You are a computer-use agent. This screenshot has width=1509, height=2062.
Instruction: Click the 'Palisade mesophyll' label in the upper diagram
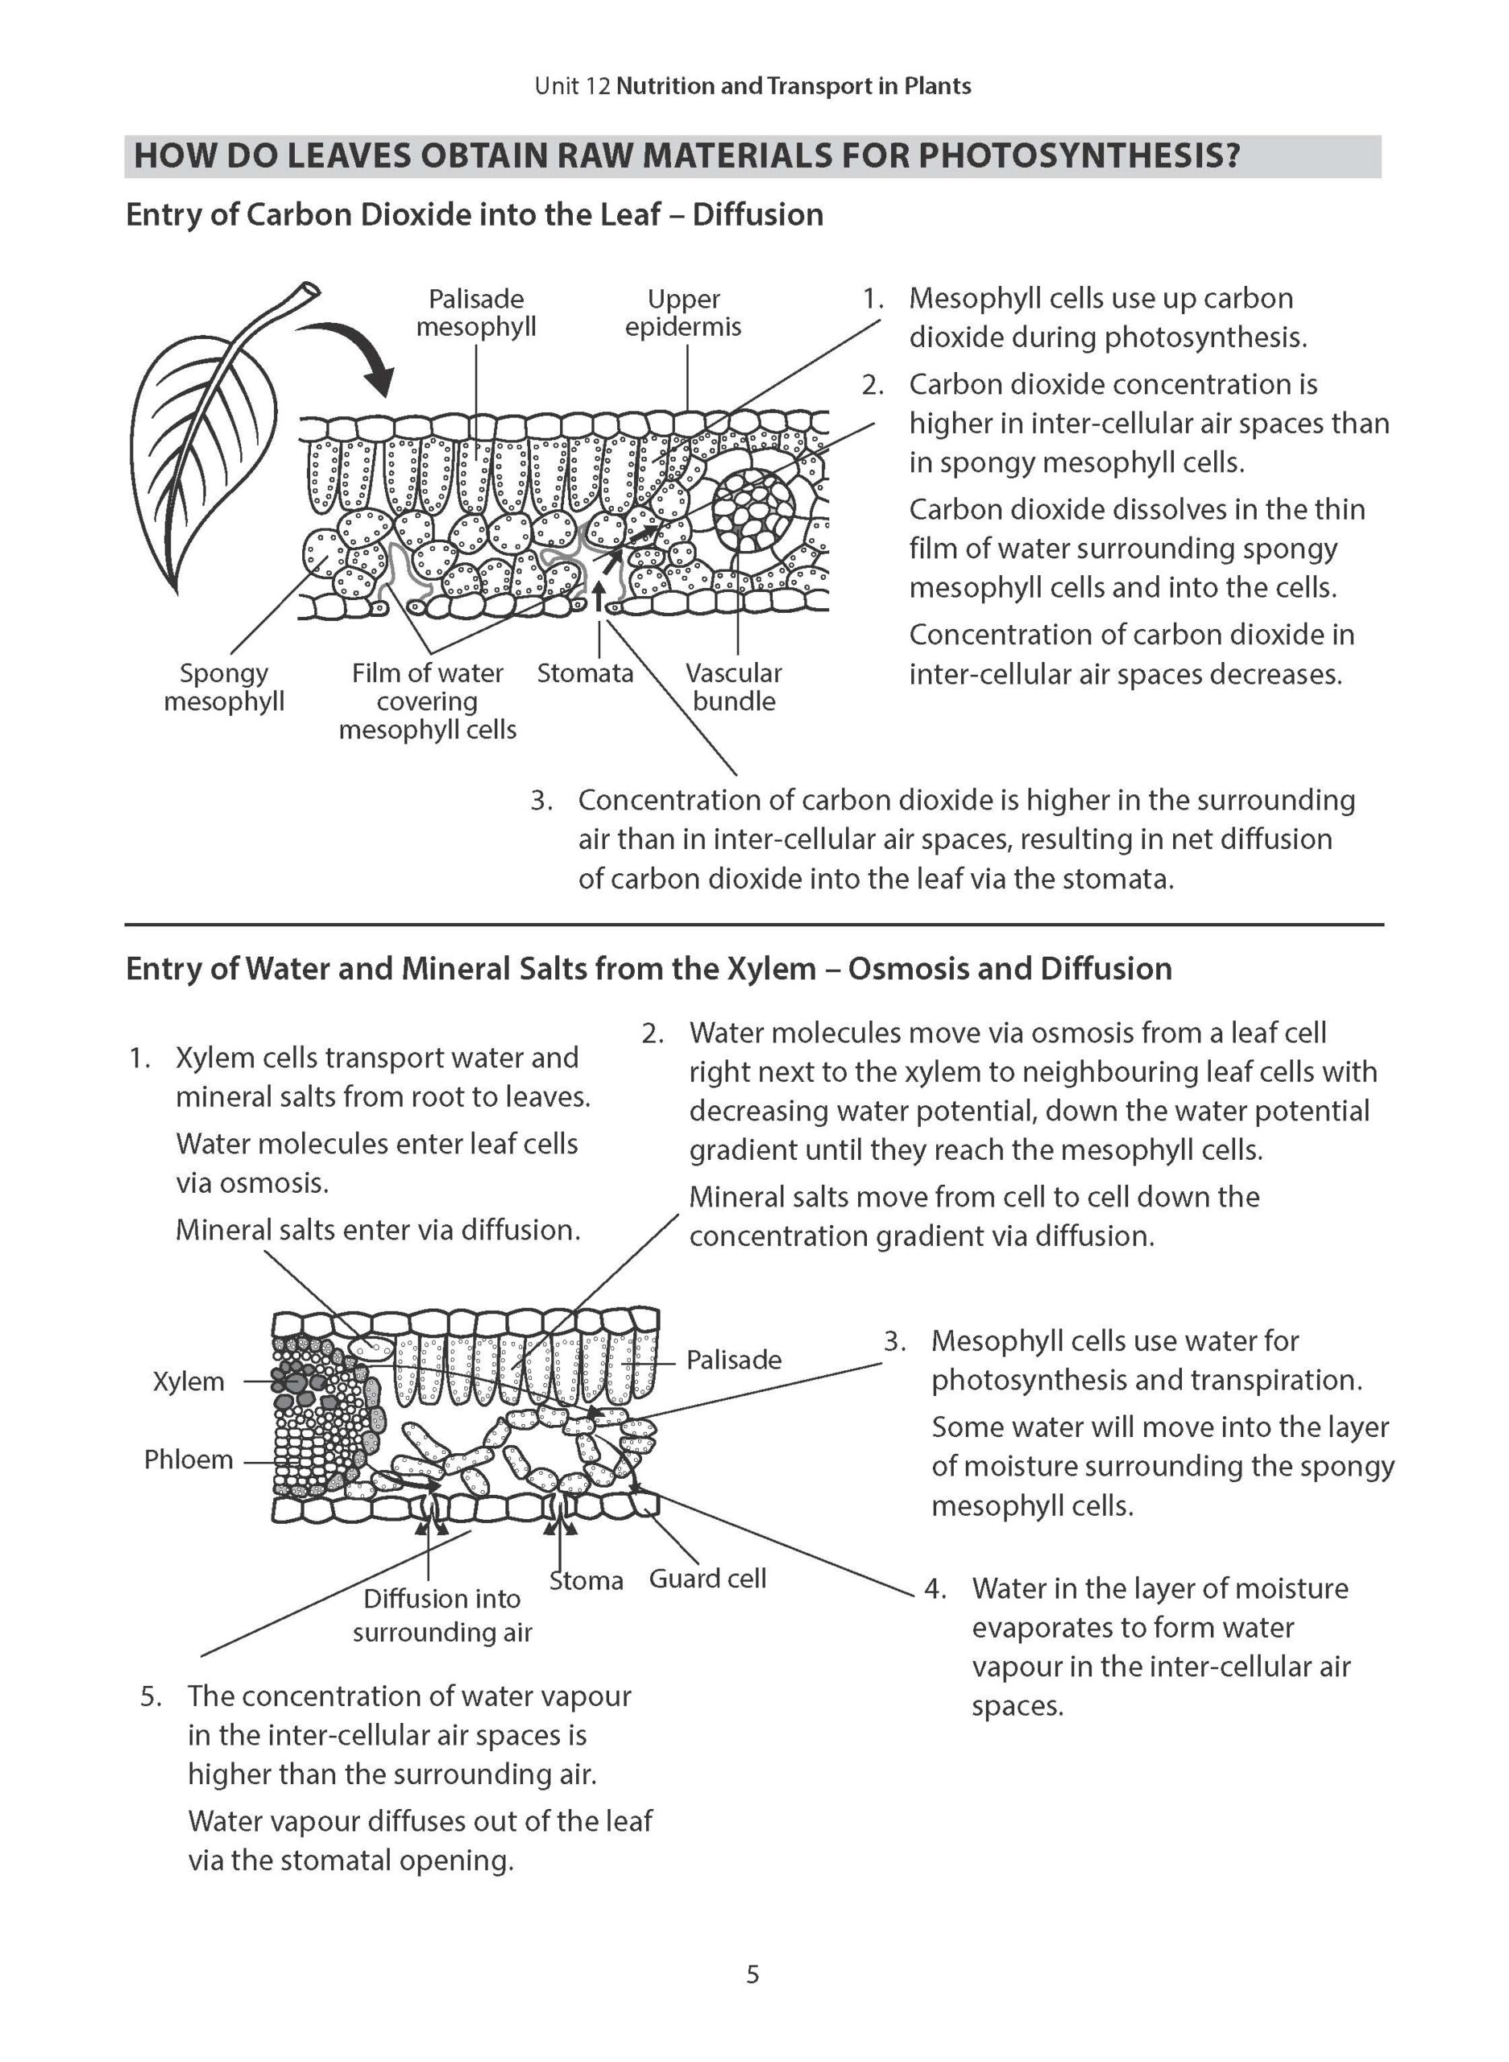(476, 313)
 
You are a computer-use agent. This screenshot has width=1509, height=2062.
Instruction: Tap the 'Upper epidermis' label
(683, 313)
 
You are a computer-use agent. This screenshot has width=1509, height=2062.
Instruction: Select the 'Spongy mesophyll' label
(224, 687)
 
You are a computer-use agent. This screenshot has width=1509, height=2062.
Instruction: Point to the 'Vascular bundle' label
(733, 687)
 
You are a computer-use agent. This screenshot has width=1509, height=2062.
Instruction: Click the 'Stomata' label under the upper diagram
(585, 673)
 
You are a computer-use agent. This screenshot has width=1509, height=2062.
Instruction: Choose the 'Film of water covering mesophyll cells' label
(428, 701)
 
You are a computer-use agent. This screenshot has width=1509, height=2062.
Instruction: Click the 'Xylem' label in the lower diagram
(189, 1381)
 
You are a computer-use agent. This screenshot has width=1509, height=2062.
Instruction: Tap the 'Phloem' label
(189, 1460)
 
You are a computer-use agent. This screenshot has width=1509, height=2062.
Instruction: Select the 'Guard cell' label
(707, 1578)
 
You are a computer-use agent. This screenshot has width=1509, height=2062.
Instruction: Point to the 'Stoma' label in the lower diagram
(587, 1581)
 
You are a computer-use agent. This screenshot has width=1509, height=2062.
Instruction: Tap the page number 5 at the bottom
(752, 1975)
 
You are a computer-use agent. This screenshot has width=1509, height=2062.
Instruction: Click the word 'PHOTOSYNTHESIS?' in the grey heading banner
(1078, 156)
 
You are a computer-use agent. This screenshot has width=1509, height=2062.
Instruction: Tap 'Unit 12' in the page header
(573, 87)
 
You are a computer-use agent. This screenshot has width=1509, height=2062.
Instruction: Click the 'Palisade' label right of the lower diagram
(733, 1360)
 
